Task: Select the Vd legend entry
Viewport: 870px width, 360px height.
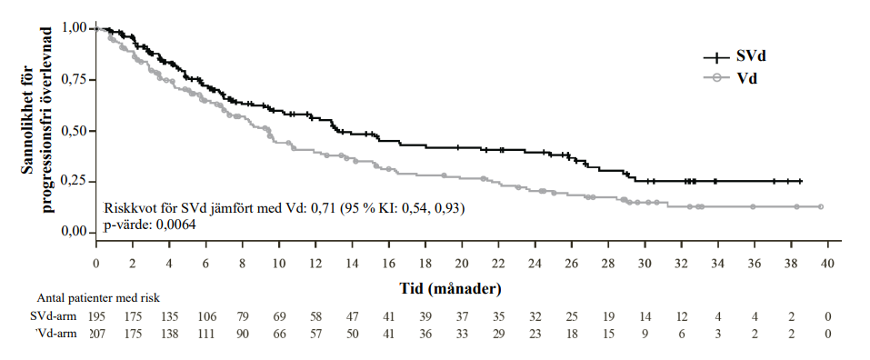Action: tap(731, 78)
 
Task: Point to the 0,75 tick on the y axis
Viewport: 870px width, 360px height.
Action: tap(93, 79)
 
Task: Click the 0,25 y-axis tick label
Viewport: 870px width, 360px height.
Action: tap(75, 182)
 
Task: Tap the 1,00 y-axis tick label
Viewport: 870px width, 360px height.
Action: tap(75, 28)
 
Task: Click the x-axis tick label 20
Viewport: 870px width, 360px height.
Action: tap(462, 264)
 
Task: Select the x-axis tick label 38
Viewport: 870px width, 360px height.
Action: tap(791, 264)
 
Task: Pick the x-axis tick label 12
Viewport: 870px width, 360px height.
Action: tap(315, 264)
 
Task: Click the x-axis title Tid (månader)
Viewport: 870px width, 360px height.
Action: tap(451, 288)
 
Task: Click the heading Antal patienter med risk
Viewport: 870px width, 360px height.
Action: tap(98, 298)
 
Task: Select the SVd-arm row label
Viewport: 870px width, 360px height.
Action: tap(54, 316)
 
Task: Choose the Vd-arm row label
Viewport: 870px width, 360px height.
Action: tap(56, 334)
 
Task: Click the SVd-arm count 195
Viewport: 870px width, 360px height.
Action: tap(97, 316)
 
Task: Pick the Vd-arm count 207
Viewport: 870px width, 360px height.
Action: tap(97, 334)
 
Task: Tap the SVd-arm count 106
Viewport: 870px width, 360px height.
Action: tap(205, 316)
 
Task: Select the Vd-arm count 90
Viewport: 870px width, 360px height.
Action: tap(243, 334)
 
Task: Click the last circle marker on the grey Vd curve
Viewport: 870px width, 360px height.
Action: tap(821, 206)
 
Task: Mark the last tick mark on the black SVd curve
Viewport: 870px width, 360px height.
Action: tap(800, 182)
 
